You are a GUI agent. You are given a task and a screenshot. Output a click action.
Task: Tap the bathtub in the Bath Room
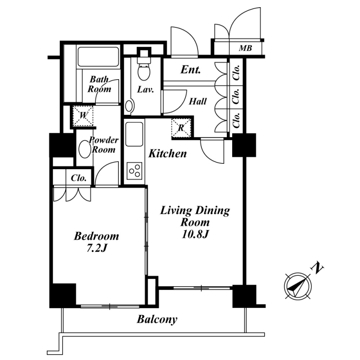click(x=98, y=57)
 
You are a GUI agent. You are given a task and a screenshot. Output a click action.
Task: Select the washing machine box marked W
click(x=83, y=116)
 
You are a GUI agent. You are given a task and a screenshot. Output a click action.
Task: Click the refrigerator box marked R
click(x=181, y=128)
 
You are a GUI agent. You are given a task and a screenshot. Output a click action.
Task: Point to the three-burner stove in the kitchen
click(x=134, y=171)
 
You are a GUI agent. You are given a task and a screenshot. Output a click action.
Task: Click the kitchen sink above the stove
click(x=134, y=134)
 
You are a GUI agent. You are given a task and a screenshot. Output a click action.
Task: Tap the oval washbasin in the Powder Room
click(x=85, y=149)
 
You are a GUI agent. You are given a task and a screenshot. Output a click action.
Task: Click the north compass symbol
click(x=298, y=286)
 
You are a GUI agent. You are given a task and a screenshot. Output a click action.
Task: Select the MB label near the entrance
click(x=245, y=48)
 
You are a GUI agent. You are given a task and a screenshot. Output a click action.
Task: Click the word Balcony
click(x=157, y=319)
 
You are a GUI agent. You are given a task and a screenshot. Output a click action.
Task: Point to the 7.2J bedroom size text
click(x=97, y=248)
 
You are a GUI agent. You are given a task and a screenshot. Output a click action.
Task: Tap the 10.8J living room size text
click(x=195, y=234)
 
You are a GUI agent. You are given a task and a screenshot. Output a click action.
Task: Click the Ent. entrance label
click(x=190, y=70)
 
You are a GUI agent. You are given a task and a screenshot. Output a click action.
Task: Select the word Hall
click(x=198, y=101)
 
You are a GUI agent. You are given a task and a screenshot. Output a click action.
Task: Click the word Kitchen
click(x=167, y=153)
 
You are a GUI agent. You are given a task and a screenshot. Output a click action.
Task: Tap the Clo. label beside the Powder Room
click(x=78, y=178)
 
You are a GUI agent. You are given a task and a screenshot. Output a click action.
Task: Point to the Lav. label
click(x=145, y=90)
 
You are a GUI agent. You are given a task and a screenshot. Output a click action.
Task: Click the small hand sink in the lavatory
click(x=129, y=106)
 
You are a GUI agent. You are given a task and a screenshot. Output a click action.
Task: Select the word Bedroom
click(x=96, y=236)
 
